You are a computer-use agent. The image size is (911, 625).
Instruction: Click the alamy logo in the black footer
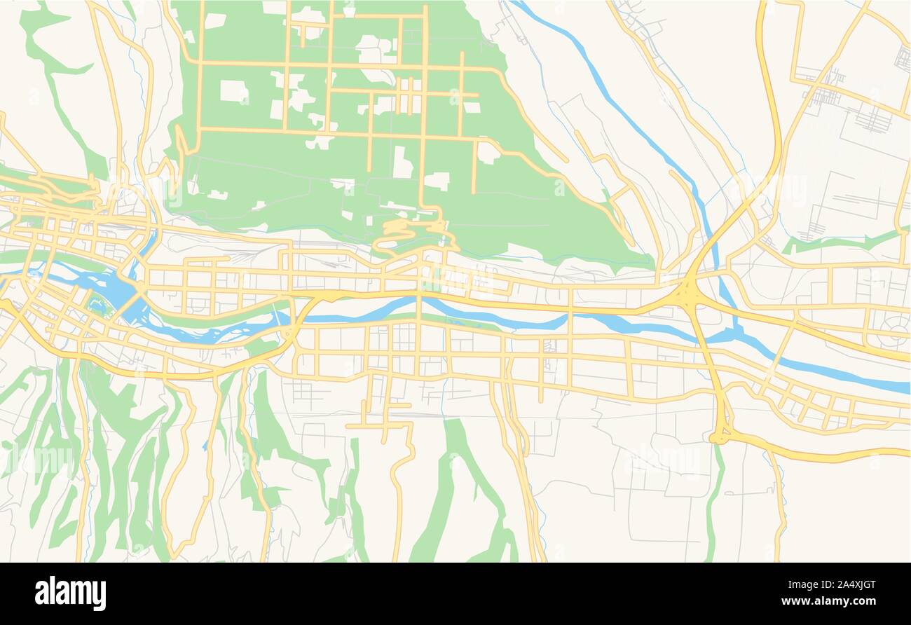(71, 593)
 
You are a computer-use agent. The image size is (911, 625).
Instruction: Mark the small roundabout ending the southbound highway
(720, 437)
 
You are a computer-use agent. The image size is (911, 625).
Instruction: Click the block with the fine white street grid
(404, 337)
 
